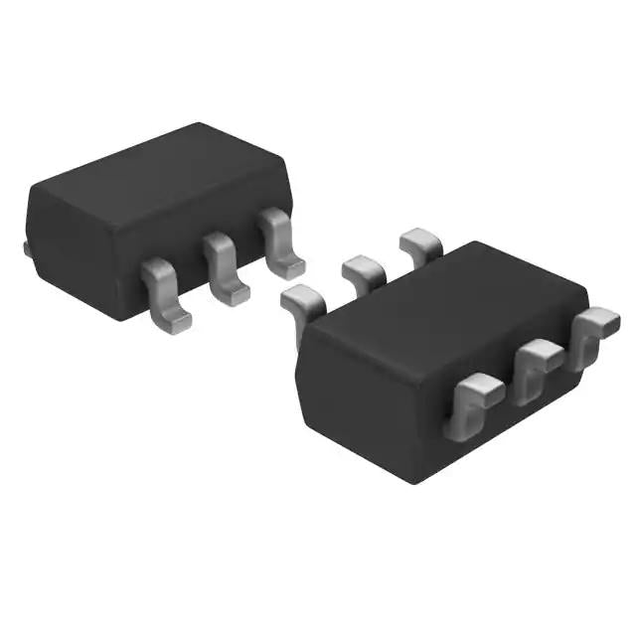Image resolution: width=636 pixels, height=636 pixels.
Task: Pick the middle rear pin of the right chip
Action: pos(362,270)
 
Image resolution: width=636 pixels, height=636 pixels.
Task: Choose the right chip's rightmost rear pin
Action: pos(419,243)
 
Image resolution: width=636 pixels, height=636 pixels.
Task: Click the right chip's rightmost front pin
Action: pos(594,333)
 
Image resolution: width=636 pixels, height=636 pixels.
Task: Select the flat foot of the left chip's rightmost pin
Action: pos(289,266)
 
